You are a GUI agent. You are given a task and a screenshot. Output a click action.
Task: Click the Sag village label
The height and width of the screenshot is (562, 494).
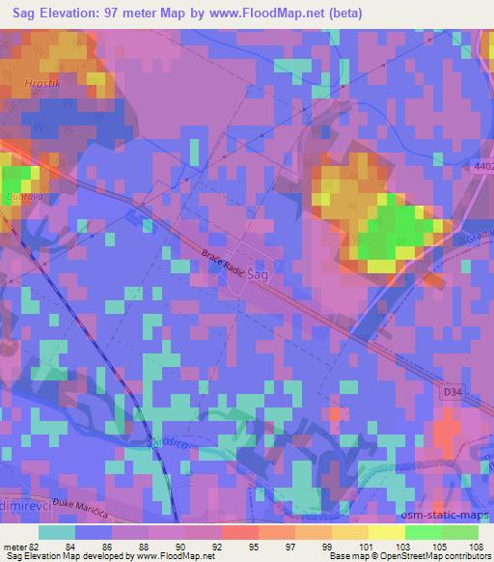coord(258,274)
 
